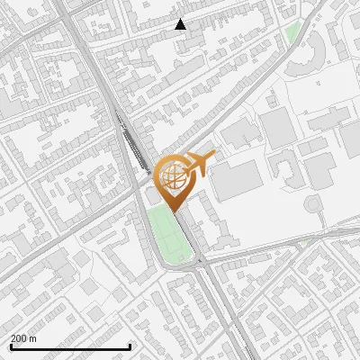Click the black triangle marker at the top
click(181, 24)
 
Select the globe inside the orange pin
click(175, 177)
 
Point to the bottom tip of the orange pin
click(175, 211)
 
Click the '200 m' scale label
click(23, 338)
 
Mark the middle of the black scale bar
click(71, 346)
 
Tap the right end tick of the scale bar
click(131, 346)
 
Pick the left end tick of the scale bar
click(11, 346)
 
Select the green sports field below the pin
click(168, 235)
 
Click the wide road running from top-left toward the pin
click(99, 81)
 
